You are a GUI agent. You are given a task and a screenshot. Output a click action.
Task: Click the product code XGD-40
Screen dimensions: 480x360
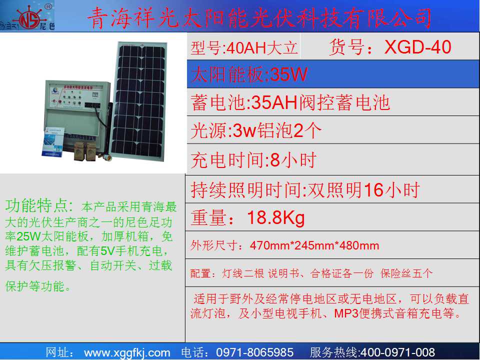[x=417, y=47]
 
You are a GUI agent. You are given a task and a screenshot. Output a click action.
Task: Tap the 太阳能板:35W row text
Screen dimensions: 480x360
[x=249, y=74]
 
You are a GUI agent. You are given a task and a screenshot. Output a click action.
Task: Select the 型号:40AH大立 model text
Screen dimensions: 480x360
[x=244, y=48]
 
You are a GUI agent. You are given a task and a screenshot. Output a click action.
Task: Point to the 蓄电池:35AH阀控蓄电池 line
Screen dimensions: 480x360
[x=290, y=102]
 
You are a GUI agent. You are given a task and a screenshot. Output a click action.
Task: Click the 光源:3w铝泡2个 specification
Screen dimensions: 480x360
[x=256, y=130]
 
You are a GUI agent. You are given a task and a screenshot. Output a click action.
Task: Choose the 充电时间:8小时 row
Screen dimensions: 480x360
[x=253, y=160]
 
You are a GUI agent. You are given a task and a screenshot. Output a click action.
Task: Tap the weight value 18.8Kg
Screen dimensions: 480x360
[x=276, y=218]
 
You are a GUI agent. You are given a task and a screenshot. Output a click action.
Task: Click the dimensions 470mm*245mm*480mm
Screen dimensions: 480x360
[x=314, y=245]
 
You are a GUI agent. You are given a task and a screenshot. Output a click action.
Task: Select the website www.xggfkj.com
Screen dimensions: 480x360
[x=127, y=352]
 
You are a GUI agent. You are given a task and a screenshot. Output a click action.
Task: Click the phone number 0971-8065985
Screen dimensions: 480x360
[x=254, y=352]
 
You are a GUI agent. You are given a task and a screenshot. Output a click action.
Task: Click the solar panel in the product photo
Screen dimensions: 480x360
[x=138, y=101]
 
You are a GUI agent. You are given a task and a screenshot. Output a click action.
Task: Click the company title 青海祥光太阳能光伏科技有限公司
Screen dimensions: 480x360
[x=259, y=18]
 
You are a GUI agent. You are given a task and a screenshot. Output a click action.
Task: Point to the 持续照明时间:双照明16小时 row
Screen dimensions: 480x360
[x=305, y=190]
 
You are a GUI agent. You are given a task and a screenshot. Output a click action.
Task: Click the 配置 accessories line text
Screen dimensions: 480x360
[x=311, y=273]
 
